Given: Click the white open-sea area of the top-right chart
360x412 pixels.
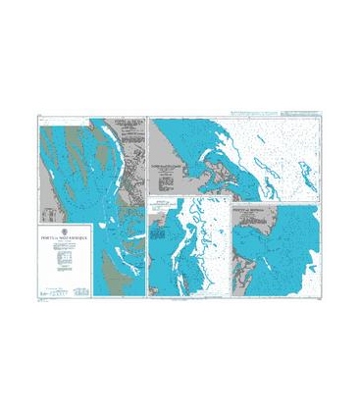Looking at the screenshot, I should (294, 137).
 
